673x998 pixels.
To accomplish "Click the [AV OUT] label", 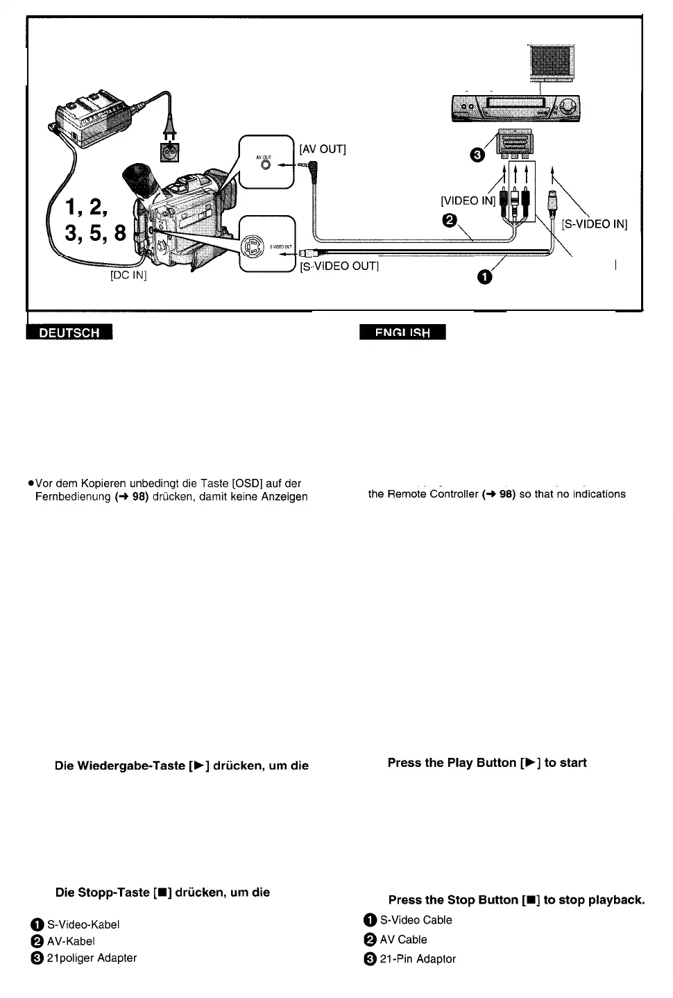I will [322, 149].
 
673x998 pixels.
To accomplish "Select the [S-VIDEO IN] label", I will [594, 224].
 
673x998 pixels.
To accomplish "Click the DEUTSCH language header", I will [69, 332].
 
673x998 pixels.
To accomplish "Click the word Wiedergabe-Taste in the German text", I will [120, 766].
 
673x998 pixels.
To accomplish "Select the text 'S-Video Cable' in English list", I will [416, 920].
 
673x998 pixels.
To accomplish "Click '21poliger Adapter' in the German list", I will [92, 958].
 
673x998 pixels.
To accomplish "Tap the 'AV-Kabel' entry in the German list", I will [70, 941].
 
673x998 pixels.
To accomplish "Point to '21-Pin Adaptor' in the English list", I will [418, 958].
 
